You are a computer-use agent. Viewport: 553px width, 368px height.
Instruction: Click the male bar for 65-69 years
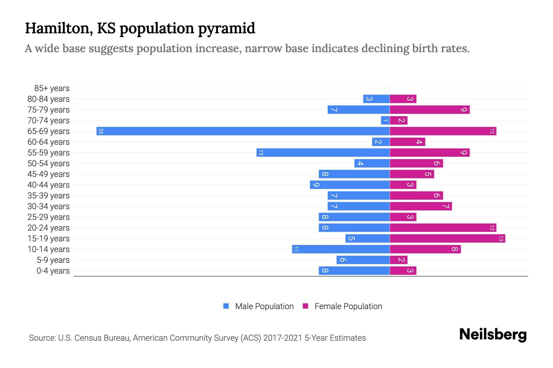[x=243, y=131]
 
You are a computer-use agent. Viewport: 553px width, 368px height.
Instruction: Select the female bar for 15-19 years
[x=447, y=239]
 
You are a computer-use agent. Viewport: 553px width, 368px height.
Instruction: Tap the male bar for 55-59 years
[x=323, y=153]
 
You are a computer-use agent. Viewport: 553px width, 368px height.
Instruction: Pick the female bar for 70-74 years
[x=398, y=121]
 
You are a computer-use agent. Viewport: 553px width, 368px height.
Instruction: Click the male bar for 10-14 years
[x=341, y=249]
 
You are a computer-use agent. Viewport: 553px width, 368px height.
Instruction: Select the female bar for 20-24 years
[x=443, y=228]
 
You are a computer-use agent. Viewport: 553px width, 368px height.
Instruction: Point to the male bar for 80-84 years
[x=376, y=99]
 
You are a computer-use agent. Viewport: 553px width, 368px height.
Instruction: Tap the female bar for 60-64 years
[x=407, y=142]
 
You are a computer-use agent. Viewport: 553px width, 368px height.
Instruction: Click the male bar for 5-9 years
[x=363, y=260]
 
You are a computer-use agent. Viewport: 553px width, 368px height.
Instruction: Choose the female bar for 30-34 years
[x=421, y=206]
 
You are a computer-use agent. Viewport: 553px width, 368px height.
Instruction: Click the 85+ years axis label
[x=52, y=88]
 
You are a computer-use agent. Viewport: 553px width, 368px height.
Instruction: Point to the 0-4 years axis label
[x=53, y=271]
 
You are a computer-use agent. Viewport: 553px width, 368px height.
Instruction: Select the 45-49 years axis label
[x=49, y=174]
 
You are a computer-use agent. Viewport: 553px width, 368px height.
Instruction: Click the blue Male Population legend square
[x=226, y=306]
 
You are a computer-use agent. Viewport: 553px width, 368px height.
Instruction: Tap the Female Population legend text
[x=348, y=306]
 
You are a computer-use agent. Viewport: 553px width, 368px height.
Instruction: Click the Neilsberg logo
[x=493, y=335]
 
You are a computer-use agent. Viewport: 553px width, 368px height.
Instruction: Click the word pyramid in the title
[x=226, y=29]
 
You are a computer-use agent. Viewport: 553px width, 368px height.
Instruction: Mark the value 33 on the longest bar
[x=101, y=131]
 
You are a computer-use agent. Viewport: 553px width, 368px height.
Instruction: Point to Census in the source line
[x=88, y=338]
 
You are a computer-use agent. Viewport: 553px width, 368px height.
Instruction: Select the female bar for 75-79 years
[x=429, y=110]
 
